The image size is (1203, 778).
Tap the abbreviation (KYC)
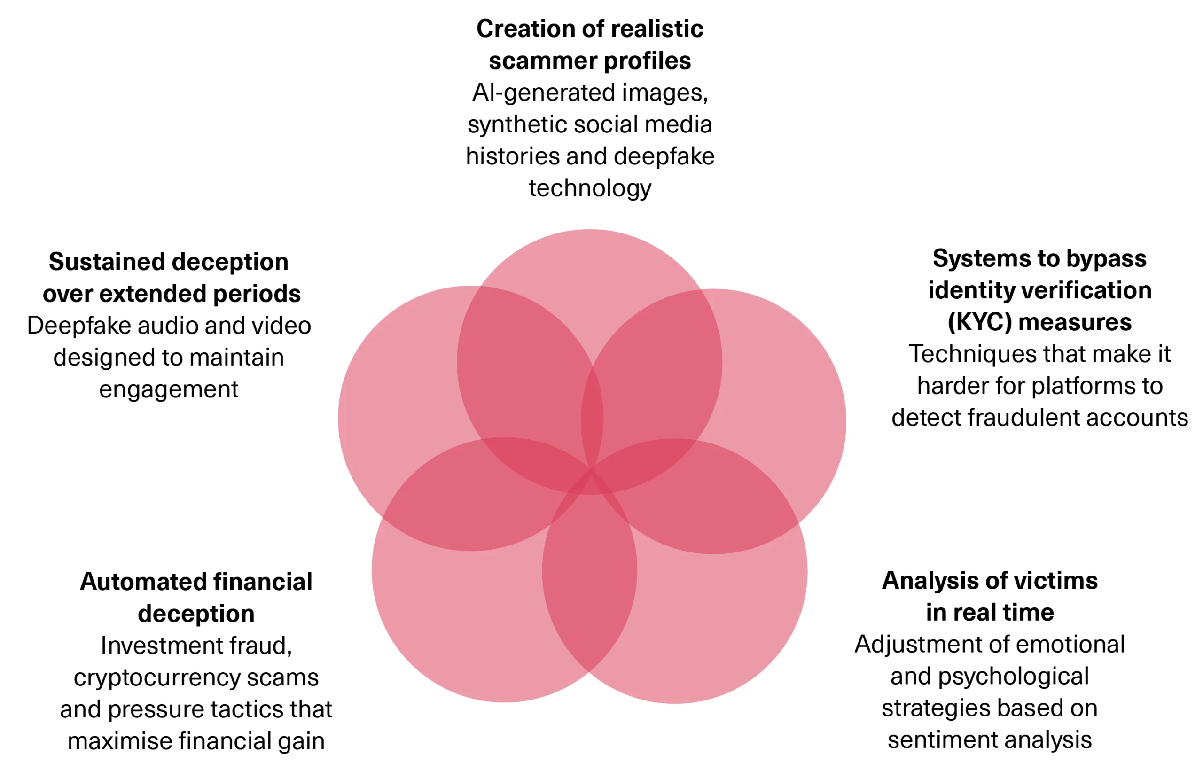tap(979, 322)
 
